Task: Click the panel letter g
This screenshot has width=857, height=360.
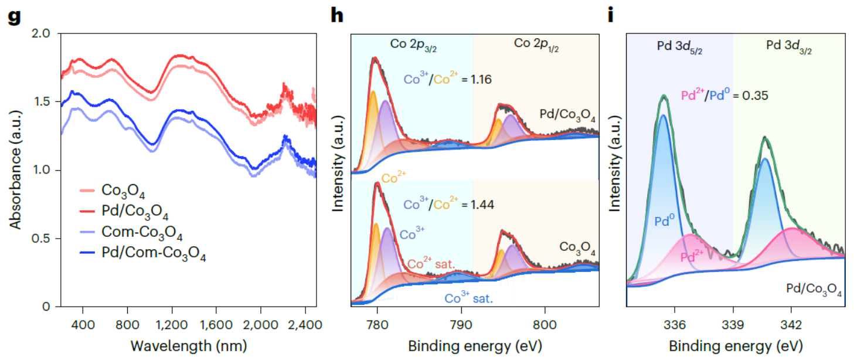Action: pyautogui.click(x=13, y=16)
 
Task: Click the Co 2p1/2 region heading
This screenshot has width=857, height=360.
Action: pyautogui.click(x=536, y=44)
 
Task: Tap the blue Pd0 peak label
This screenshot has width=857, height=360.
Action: pyautogui.click(x=666, y=222)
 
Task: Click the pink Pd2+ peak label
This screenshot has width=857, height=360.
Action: pyautogui.click(x=693, y=256)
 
